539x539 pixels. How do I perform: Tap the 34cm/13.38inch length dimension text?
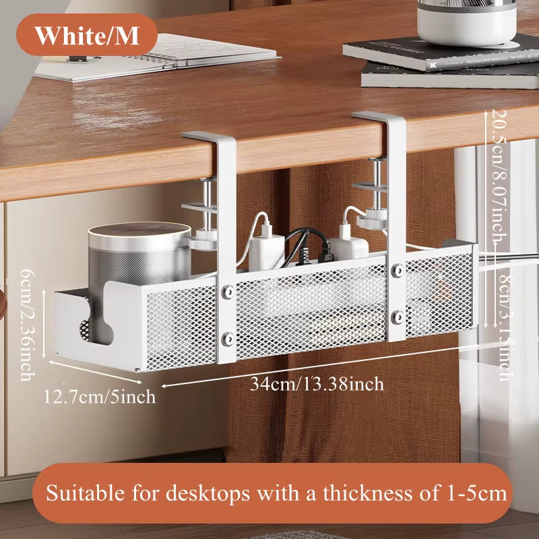[x=317, y=384]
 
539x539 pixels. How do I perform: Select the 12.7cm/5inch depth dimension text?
[x=99, y=396]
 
